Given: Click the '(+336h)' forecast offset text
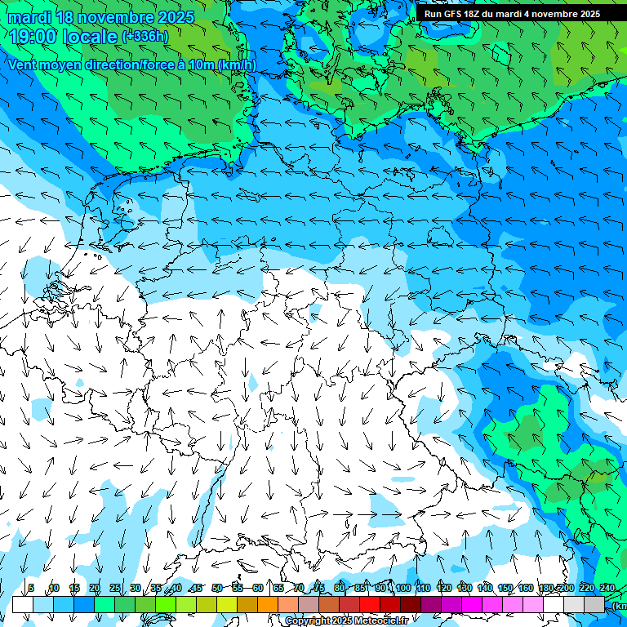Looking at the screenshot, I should coord(145,37).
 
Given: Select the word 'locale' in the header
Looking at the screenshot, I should coord(91,37).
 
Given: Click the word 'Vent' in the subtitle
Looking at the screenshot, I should coord(24,65).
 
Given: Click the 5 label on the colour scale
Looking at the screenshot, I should coord(31,589).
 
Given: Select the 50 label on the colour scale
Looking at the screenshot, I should coord(216,589).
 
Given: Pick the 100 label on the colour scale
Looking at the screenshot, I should coord(402,589).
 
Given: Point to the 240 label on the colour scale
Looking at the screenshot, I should coord(607,589).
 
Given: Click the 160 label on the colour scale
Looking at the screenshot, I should coord(526,589).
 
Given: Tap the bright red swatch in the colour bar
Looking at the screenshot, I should coord(370,604).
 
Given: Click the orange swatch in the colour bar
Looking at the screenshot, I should coord(268,604).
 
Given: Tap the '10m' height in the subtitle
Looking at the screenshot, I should coord(200,65).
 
